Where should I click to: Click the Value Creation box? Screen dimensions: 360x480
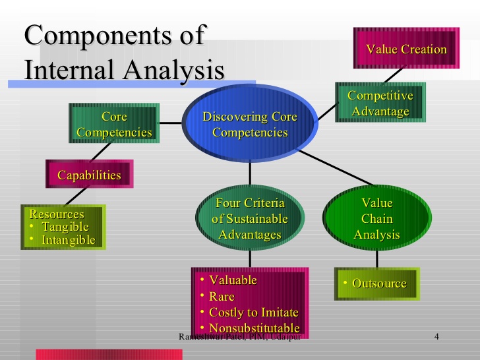point(406,49)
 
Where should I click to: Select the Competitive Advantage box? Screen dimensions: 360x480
point(380,104)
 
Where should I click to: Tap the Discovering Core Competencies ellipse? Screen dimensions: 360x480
point(250,125)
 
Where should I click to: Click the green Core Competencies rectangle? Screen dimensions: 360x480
point(114,125)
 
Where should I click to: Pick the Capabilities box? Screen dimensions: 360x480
point(89,175)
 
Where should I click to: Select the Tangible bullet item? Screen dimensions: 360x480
point(65,227)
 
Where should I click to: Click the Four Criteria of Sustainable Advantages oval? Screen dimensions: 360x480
point(250,218)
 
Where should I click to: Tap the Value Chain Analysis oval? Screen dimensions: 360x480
point(377,218)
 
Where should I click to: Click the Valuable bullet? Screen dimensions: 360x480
point(233,280)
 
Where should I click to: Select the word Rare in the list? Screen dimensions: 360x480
point(222,296)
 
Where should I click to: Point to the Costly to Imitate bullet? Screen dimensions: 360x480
point(253,312)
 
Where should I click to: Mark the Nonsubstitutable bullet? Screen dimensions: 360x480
point(254,328)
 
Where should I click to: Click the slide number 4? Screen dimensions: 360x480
point(436,337)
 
